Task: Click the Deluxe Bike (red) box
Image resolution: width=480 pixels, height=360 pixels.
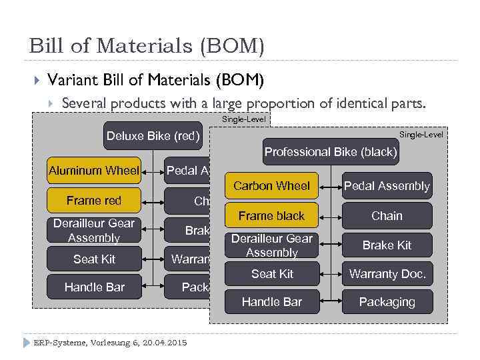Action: coord(153,137)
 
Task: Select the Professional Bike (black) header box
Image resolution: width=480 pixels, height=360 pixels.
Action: coord(331,152)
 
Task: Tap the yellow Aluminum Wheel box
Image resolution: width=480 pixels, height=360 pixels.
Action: coord(94,171)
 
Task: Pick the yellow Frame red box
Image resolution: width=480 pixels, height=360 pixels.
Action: coord(94,201)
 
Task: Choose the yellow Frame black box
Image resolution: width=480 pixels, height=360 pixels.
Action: coord(271,216)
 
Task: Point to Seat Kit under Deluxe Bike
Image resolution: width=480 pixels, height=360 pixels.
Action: coord(94,259)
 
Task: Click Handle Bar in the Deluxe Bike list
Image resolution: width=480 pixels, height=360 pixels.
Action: coord(94,287)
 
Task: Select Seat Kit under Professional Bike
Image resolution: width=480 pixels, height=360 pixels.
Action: coord(272,274)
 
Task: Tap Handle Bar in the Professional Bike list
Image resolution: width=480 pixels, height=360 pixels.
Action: coord(272,302)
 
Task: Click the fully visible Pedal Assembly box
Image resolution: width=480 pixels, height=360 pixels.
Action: coord(387,186)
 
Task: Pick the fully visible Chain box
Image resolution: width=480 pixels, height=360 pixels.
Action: coord(387,216)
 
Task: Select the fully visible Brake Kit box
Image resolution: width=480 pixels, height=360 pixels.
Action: coord(387,245)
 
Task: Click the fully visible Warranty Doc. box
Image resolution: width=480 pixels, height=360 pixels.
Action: coord(387,274)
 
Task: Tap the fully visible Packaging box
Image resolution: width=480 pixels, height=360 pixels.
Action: coord(387,302)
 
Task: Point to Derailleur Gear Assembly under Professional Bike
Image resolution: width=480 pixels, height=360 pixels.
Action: coord(271,245)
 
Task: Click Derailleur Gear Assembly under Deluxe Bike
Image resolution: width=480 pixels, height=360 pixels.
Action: coord(94,230)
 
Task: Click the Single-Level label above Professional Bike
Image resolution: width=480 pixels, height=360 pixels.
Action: coord(421,135)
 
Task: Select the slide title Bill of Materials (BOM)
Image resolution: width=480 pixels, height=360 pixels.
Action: coord(147,46)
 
